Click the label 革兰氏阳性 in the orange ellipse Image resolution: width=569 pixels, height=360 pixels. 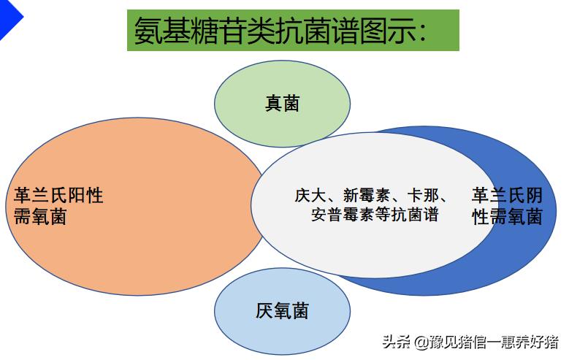click(58, 196)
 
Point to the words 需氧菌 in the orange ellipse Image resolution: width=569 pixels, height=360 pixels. click(40, 217)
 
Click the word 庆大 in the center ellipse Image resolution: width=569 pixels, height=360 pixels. click(309, 196)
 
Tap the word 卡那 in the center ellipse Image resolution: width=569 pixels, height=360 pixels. click(423, 196)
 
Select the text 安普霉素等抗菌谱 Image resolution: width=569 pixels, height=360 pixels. click(375, 215)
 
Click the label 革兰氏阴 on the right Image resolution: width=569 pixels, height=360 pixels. click(507, 196)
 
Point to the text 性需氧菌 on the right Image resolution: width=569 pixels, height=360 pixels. click(507, 217)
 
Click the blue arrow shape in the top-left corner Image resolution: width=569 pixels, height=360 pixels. click(9, 18)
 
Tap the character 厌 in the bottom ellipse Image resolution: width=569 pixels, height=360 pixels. click(264, 311)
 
